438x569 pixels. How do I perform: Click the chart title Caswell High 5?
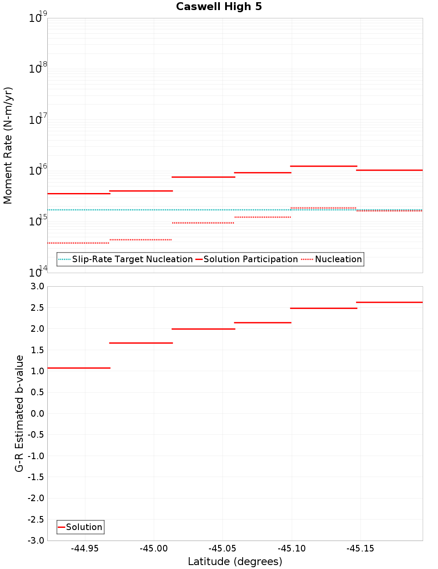[x=219, y=7]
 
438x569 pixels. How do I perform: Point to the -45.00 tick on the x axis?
[x=154, y=548]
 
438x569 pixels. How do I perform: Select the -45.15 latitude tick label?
[x=360, y=548]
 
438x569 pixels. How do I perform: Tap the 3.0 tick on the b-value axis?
[x=37, y=286]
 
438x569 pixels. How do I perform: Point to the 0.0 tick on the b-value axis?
[x=37, y=413]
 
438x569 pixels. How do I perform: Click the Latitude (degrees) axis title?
[x=235, y=562]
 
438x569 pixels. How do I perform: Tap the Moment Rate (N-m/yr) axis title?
[x=8, y=145]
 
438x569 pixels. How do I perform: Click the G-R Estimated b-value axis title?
[x=19, y=413]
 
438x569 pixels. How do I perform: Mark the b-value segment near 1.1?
[x=78, y=368]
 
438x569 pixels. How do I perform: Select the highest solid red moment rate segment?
[x=324, y=166]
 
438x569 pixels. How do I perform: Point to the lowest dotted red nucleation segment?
[x=78, y=243]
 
